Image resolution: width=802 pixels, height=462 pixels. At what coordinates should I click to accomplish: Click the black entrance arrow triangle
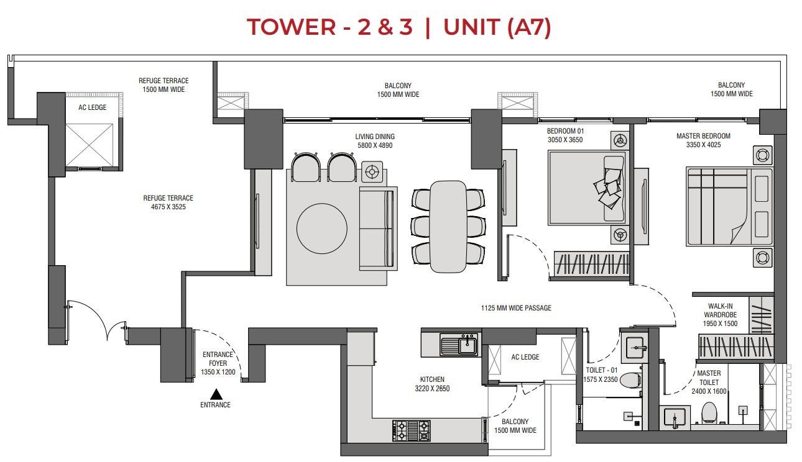(216, 394)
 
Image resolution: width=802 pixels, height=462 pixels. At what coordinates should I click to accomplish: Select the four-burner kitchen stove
(410, 430)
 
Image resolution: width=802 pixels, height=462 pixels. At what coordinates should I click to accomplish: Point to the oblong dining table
(447, 226)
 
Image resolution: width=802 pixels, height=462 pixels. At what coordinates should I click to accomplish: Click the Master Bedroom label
(703, 136)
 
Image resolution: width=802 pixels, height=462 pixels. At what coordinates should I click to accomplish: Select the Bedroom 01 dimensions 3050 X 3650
(565, 140)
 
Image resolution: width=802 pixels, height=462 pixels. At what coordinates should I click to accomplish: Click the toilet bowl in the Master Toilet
(709, 412)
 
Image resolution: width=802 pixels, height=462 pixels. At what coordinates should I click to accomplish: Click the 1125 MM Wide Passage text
(516, 308)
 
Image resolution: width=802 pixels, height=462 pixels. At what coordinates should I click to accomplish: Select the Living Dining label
(375, 137)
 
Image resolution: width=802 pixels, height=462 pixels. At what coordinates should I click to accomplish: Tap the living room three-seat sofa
(378, 229)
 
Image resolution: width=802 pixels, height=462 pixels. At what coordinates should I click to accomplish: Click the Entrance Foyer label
(218, 359)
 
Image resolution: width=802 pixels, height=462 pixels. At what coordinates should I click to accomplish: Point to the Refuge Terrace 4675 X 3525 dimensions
(164, 207)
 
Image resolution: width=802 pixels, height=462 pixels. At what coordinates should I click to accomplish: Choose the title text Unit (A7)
(497, 28)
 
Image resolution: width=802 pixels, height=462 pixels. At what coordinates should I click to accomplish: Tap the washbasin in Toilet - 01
(634, 345)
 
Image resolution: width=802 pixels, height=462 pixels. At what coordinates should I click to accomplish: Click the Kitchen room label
(431, 379)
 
